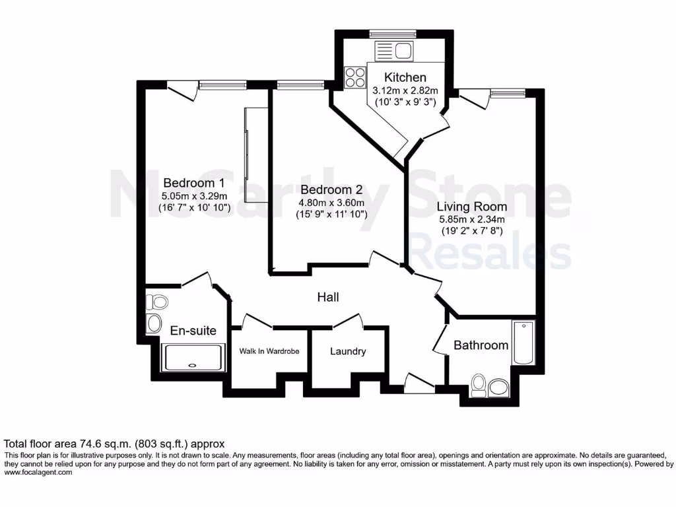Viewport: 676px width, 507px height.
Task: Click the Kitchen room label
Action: click(x=405, y=77)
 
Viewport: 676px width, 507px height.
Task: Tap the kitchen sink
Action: click(x=393, y=50)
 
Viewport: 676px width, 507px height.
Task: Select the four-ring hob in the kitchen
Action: click(x=355, y=77)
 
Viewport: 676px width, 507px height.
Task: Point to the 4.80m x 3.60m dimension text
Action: click(x=331, y=203)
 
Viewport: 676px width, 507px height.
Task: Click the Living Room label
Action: click(x=473, y=207)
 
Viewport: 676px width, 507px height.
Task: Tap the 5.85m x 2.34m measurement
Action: click(x=472, y=220)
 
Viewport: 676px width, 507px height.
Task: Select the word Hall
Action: click(x=328, y=298)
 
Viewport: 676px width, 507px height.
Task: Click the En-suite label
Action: click(x=193, y=331)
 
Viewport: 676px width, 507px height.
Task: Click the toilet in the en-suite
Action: click(x=157, y=302)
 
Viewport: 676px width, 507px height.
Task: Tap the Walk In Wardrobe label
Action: click(x=269, y=351)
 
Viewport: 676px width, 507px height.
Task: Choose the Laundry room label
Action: click(x=348, y=351)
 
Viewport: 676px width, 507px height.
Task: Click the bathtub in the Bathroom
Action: click(x=523, y=343)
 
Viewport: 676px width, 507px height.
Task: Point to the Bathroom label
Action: click(x=481, y=345)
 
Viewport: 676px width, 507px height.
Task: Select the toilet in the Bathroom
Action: click(x=479, y=385)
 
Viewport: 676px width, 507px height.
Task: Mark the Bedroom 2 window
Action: click(x=300, y=84)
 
